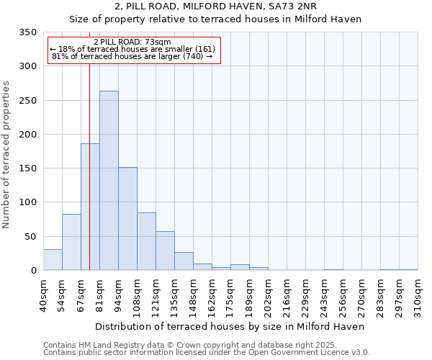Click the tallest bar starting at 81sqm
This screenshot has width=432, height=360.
click(x=109, y=181)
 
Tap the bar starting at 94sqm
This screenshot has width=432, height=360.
click(x=127, y=219)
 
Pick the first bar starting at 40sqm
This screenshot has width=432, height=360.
click(x=53, y=260)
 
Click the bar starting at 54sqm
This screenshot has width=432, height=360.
click(x=71, y=242)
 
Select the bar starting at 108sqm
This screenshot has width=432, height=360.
click(x=146, y=241)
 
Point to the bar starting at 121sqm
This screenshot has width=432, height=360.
click(x=165, y=251)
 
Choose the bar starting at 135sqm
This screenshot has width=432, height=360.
click(x=184, y=261)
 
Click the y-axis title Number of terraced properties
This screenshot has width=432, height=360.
click(x=6, y=155)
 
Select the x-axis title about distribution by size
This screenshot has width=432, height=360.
click(x=230, y=326)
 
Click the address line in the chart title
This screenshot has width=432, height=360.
click(x=215, y=6)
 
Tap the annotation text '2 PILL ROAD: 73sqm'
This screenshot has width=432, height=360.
click(x=132, y=42)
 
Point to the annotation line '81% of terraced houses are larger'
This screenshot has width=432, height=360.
click(x=132, y=57)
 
